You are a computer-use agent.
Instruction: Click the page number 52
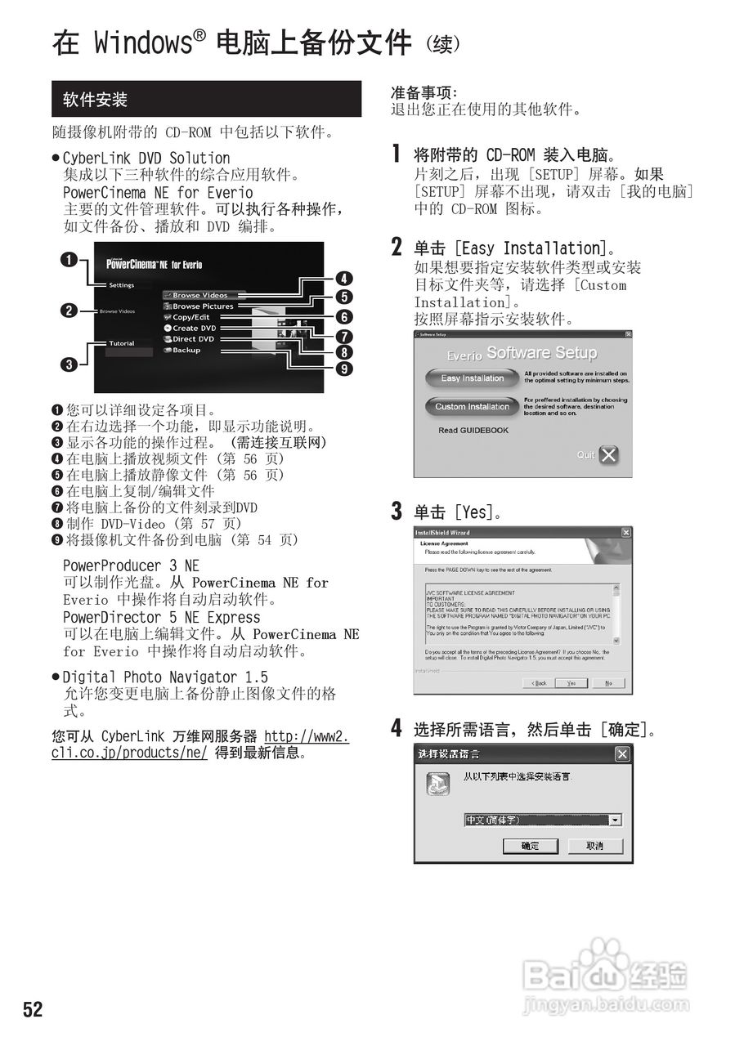click(x=33, y=1009)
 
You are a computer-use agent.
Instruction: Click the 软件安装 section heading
click(x=96, y=100)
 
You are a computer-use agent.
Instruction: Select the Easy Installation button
click(x=473, y=378)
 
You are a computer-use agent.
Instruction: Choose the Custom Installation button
click(x=472, y=406)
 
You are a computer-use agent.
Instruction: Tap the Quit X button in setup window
click(x=608, y=455)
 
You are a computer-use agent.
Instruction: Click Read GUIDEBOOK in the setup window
click(x=473, y=430)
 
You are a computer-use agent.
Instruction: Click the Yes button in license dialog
click(x=571, y=682)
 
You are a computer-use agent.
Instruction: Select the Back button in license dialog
click(x=539, y=682)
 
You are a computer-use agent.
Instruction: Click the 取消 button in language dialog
click(x=595, y=846)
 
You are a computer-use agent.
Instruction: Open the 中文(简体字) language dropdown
click(x=615, y=820)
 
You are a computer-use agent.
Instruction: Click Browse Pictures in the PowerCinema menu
click(x=202, y=306)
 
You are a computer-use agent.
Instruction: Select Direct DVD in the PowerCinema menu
click(x=193, y=338)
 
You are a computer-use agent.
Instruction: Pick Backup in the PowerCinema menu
click(x=186, y=350)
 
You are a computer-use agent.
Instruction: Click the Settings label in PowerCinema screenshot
click(x=122, y=285)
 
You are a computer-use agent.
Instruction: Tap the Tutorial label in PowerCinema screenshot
click(x=122, y=343)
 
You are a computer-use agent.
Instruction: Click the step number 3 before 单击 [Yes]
click(x=397, y=512)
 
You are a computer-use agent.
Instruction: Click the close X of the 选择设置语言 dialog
click(x=621, y=753)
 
